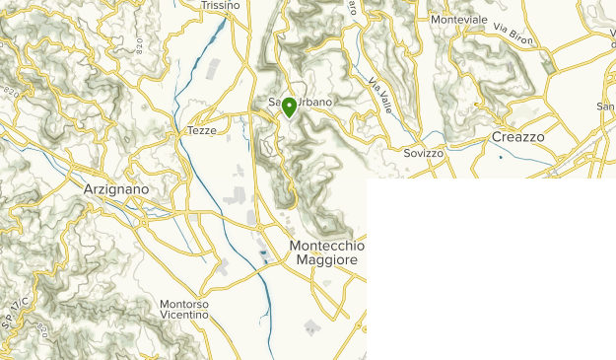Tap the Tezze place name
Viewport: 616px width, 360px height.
(201, 130)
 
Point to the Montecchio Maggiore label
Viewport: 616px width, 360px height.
(327, 252)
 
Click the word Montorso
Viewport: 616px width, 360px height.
(183, 305)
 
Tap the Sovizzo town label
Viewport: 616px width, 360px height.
(424, 154)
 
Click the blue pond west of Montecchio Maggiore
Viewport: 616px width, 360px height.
(264, 257)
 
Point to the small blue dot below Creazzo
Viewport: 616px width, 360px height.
(501, 158)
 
